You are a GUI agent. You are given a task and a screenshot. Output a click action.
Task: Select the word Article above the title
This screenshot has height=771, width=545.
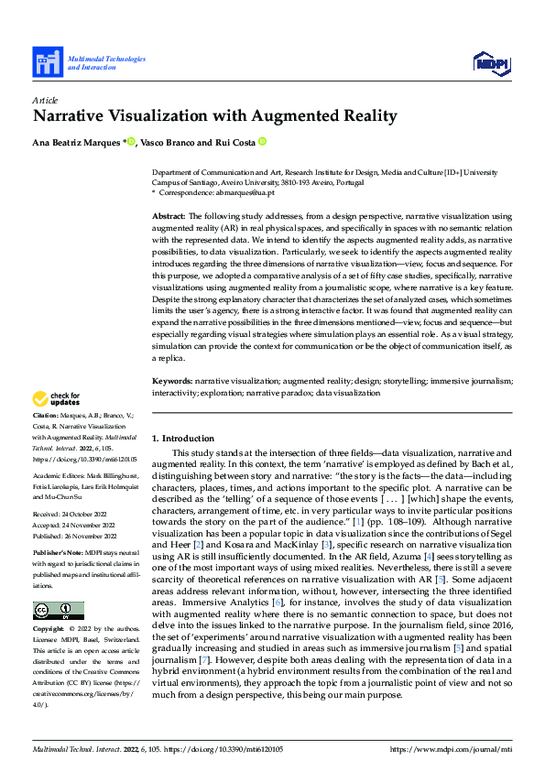(x=45, y=99)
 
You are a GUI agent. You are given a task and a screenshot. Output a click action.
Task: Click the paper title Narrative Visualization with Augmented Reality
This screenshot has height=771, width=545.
(x=215, y=116)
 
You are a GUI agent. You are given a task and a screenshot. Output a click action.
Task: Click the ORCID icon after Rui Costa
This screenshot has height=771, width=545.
(x=262, y=142)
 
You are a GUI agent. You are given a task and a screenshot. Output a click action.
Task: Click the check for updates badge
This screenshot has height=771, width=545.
(x=57, y=398)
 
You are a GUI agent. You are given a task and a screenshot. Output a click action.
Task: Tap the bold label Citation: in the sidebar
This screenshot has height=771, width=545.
(x=47, y=416)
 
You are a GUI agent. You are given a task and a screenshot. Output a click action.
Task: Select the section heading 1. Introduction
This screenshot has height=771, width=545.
(x=183, y=439)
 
